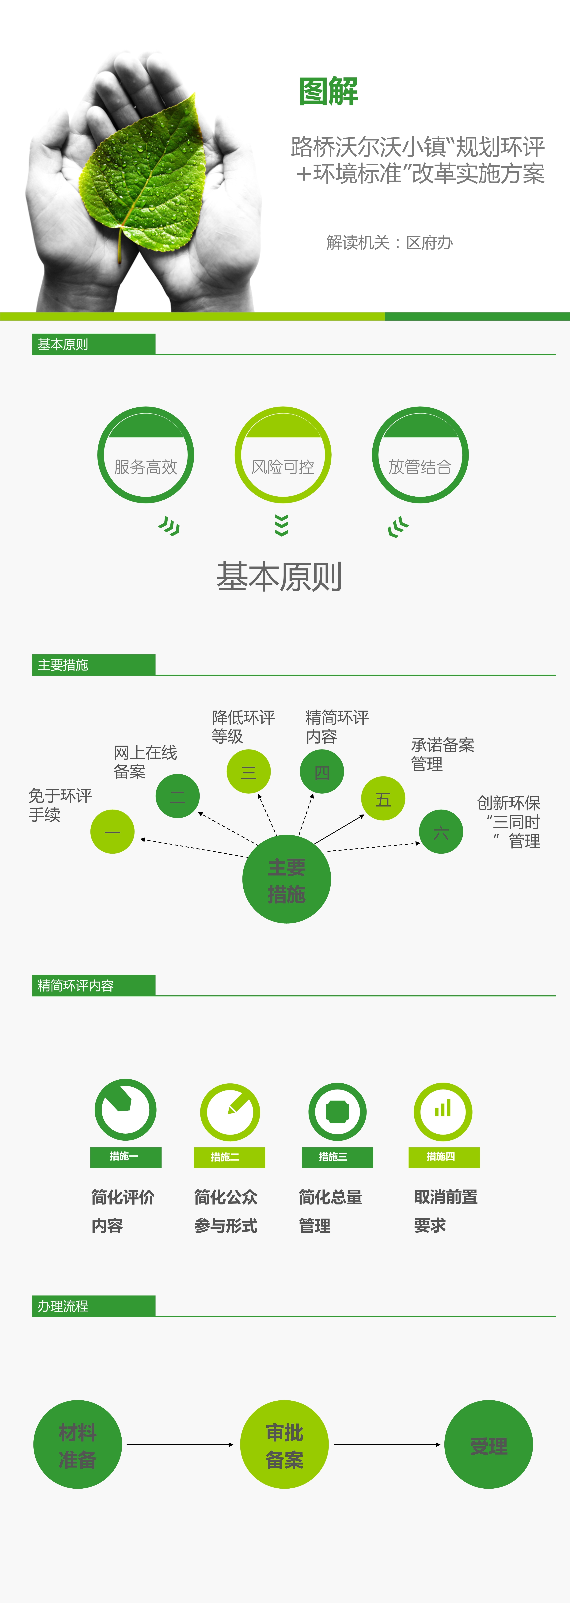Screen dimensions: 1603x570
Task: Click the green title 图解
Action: [329, 91]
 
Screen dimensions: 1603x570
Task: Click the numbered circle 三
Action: [248, 772]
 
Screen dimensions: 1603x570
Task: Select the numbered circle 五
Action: [383, 798]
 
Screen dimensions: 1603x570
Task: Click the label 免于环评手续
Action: [60, 805]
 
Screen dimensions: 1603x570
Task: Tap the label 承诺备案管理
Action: [443, 754]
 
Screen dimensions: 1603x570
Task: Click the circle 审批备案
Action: [284, 1444]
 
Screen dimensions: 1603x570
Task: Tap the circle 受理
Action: [488, 1444]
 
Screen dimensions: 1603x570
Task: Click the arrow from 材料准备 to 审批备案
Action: [180, 1444]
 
